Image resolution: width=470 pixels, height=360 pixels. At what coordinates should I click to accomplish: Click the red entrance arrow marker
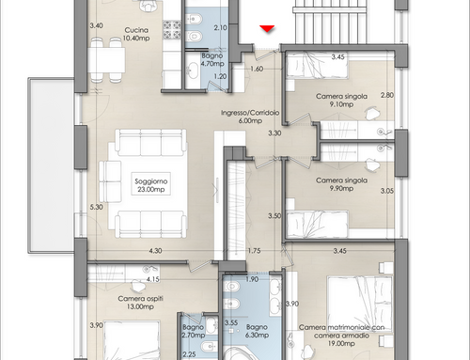(x=267, y=28)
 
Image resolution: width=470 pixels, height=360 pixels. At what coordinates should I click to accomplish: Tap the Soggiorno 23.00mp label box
(x=151, y=183)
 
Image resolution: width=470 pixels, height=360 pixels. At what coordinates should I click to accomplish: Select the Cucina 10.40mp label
(x=136, y=34)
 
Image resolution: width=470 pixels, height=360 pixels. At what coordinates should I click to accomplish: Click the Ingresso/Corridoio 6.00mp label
(x=250, y=117)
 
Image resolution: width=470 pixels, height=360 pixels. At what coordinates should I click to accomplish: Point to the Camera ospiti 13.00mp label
(x=140, y=303)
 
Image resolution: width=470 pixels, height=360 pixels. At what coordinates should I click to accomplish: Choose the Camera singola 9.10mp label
(x=341, y=101)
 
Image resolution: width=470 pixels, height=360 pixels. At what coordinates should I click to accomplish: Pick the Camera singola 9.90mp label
(x=341, y=184)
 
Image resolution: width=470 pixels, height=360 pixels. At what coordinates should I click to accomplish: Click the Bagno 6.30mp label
(x=257, y=331)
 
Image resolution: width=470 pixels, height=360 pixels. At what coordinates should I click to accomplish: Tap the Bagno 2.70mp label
(x=194, y=331)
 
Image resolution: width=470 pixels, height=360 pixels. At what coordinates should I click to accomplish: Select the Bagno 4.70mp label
(x=212, y=59)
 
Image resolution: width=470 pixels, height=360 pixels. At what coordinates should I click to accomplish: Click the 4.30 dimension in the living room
(x=155, y=251)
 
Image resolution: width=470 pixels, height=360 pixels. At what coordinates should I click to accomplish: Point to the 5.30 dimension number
(x=96, y=207)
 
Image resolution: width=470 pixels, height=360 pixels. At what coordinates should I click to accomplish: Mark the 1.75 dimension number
(x=254, y=251)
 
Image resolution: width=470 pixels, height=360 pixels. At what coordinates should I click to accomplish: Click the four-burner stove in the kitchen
(x=172, y=29)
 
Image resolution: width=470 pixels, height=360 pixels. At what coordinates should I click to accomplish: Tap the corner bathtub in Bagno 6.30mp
(x=246, y=353)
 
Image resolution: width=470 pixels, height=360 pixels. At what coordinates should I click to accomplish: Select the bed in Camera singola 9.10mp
(x=318, y=65)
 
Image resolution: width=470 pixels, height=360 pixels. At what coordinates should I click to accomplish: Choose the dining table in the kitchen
(x=106, y=60)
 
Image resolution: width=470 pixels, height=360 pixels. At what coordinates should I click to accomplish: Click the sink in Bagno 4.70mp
(x=192, y=70)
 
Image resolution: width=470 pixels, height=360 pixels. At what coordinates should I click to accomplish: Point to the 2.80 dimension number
(x=387, y=95)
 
